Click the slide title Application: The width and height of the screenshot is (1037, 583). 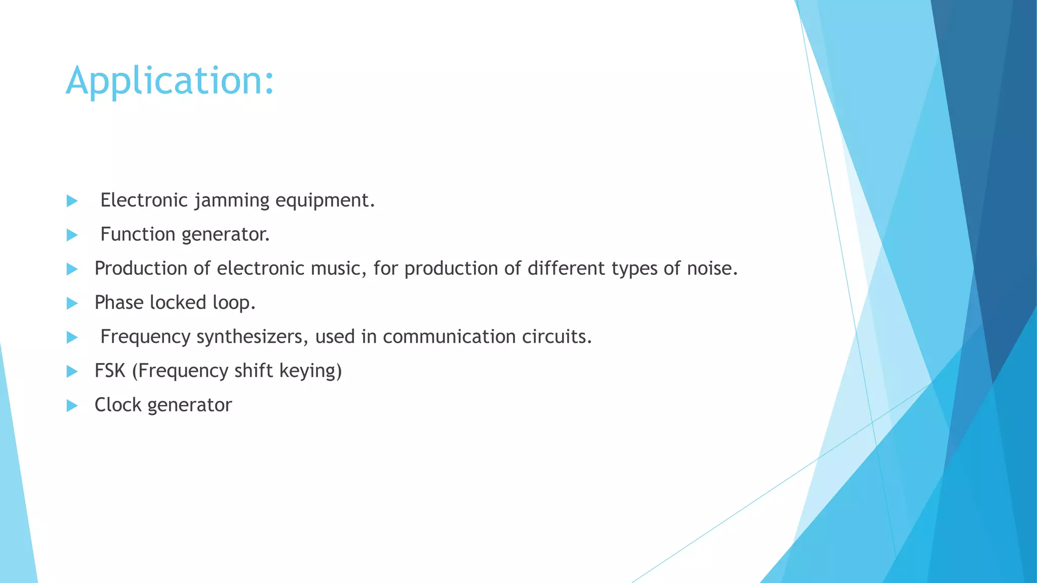(x=170, y=81)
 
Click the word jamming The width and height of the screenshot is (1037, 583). (x=232, y=200)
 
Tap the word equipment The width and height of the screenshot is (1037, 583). (x=325, y=200)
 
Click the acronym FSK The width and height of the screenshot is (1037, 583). (x=110, y=370)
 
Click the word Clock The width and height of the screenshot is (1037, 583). (x=118, y=405)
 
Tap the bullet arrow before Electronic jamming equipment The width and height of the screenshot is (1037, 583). (x=72, y=201)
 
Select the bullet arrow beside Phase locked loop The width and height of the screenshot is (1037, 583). (x=72, y=303)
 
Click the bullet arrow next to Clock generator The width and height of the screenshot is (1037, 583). (x=72, y=405)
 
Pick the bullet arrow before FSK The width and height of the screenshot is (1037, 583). (x=72, y=371)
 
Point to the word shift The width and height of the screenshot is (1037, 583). (x=254, y=370)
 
